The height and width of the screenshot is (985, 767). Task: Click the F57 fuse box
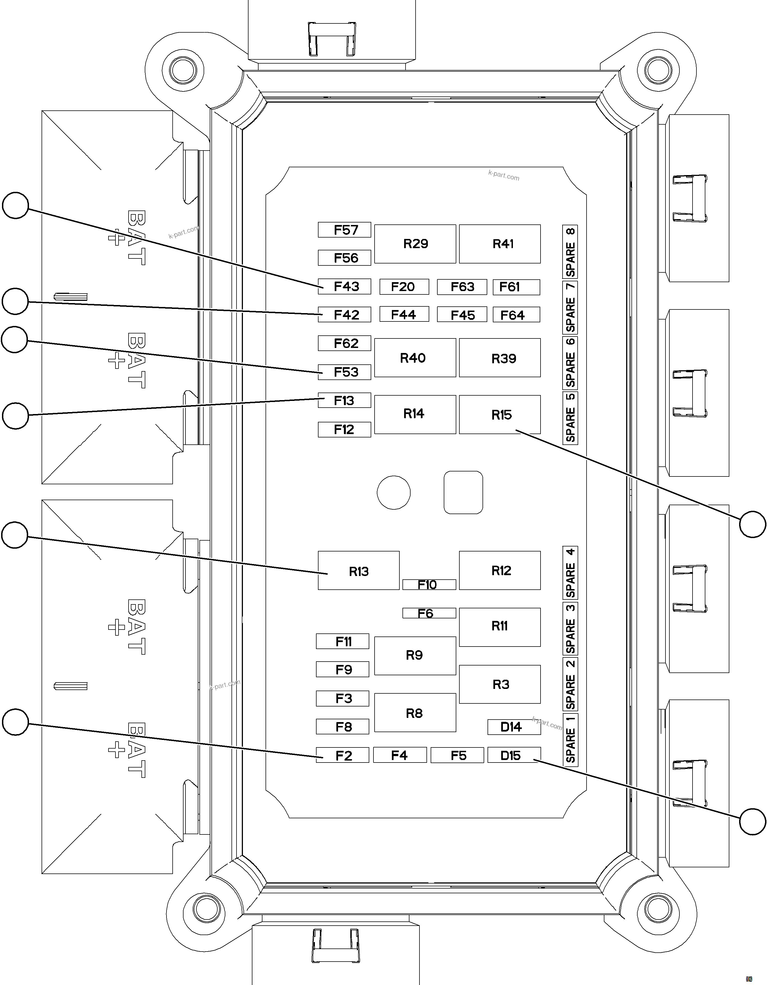click(344, 230)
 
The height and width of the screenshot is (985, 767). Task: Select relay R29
click(415, 244)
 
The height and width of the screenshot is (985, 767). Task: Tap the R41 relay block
click(500, 244)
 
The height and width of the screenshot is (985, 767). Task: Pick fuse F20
click(404, 287)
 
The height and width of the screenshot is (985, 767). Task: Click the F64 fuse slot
click(516, 315)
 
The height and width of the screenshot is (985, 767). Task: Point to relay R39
click(500, 358)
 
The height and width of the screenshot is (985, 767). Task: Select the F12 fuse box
click(344, 429)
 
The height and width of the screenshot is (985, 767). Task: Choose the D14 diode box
click(513, 727)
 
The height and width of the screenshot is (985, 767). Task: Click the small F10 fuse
click(429, 585)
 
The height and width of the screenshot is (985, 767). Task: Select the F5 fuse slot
click(457, 756)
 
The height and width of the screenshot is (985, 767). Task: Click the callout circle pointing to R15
click(752, 524)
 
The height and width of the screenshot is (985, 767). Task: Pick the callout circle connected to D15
click(752, 822)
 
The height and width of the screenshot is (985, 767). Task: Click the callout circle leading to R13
click(15, 535)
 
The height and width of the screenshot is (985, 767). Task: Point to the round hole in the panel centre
click(394, 492)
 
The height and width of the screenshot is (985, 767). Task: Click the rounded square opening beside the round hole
click(463, 492)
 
